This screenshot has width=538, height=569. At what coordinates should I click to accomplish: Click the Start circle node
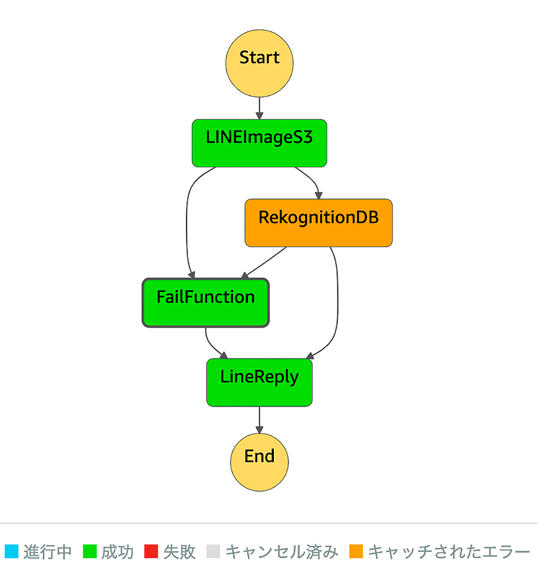point(259,63)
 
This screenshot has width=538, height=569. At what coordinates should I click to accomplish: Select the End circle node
point(259,462)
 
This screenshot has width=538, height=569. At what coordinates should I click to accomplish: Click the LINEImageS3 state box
point(259,143)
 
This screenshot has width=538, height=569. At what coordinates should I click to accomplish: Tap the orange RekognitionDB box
point(318,223)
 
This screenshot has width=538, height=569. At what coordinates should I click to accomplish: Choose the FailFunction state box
point(206,303)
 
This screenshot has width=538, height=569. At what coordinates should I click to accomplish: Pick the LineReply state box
point(259,382)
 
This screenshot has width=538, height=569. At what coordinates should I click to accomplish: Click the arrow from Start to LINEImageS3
point(259,108)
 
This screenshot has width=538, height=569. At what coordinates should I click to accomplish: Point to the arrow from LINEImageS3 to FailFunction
point(187,222)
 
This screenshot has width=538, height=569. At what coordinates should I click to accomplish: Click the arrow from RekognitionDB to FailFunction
point(264,263)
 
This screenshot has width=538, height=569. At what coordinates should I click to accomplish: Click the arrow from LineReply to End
point(259,420)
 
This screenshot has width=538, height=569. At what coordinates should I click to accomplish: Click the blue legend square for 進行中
point(11,551)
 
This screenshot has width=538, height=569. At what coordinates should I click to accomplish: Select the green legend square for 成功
point(90,551)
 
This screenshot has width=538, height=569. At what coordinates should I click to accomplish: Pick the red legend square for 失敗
point(151,551)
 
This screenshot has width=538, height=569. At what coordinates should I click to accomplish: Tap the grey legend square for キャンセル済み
point(213,551)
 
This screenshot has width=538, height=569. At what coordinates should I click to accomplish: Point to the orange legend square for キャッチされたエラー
point(356,551)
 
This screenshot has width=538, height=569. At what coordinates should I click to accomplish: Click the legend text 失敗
point(179,552)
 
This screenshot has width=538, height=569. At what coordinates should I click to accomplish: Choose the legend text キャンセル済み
point(282,552)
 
